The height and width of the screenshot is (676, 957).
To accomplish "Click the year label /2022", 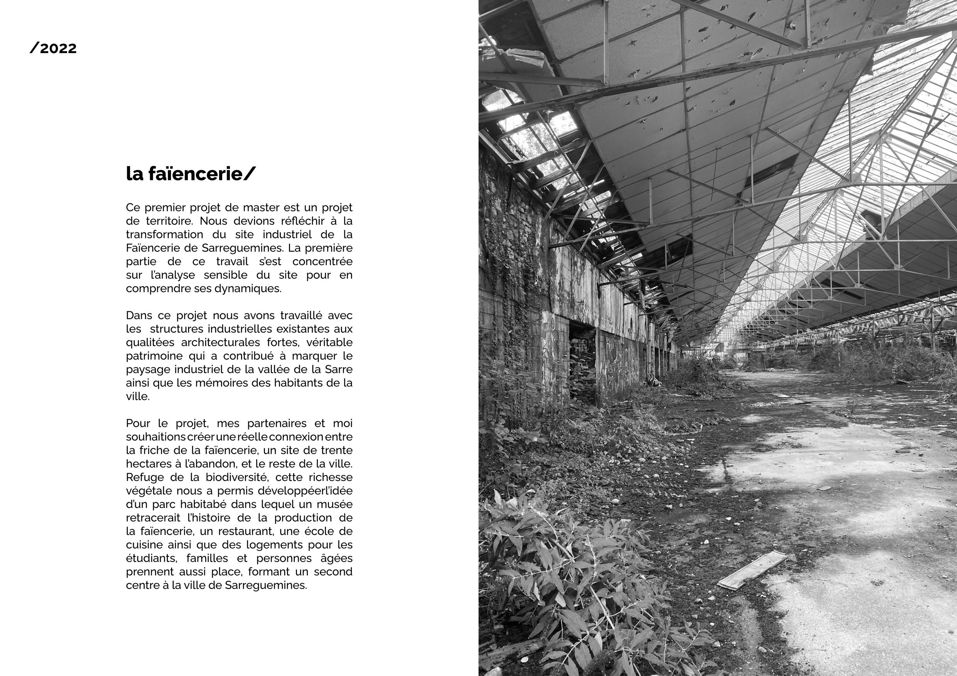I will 53,49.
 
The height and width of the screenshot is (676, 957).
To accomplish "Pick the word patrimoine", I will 150,356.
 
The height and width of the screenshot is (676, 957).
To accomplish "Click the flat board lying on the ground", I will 751,570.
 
